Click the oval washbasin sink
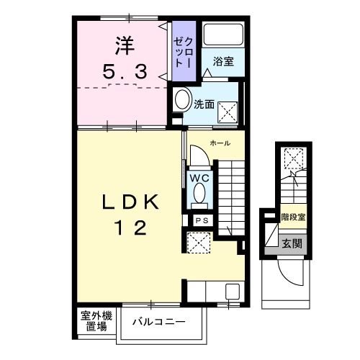(x=182, y=100)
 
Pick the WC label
(x=199, y=177)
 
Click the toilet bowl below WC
(x=199, y=194)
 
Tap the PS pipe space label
(x=199, y=220)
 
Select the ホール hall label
(x=220, y=144)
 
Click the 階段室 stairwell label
(x=292, y=215)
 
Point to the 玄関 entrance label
(x=292, y=243)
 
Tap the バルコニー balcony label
(x=159, y=321)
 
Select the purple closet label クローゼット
(x=180, y=49)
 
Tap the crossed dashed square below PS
(x=197, y=243)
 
